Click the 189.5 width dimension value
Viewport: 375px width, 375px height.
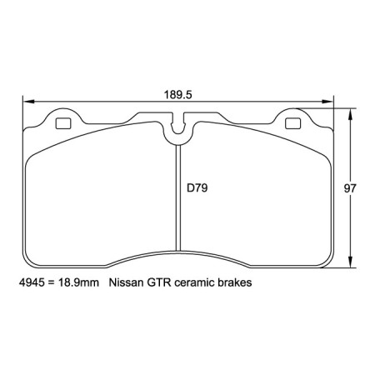point(178,94)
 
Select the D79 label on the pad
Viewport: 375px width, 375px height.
point(197,188)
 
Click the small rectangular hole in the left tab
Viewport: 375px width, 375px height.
point(62,125)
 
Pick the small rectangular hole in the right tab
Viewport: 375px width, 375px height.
point(292,125)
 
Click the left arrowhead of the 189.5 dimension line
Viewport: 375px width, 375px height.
point(26,102)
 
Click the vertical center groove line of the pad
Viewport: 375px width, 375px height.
point(178,200)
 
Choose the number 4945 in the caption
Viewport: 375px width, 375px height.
point(31,283)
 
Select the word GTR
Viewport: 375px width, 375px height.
point(161,283)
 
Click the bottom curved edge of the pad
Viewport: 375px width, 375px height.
point(177,250)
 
